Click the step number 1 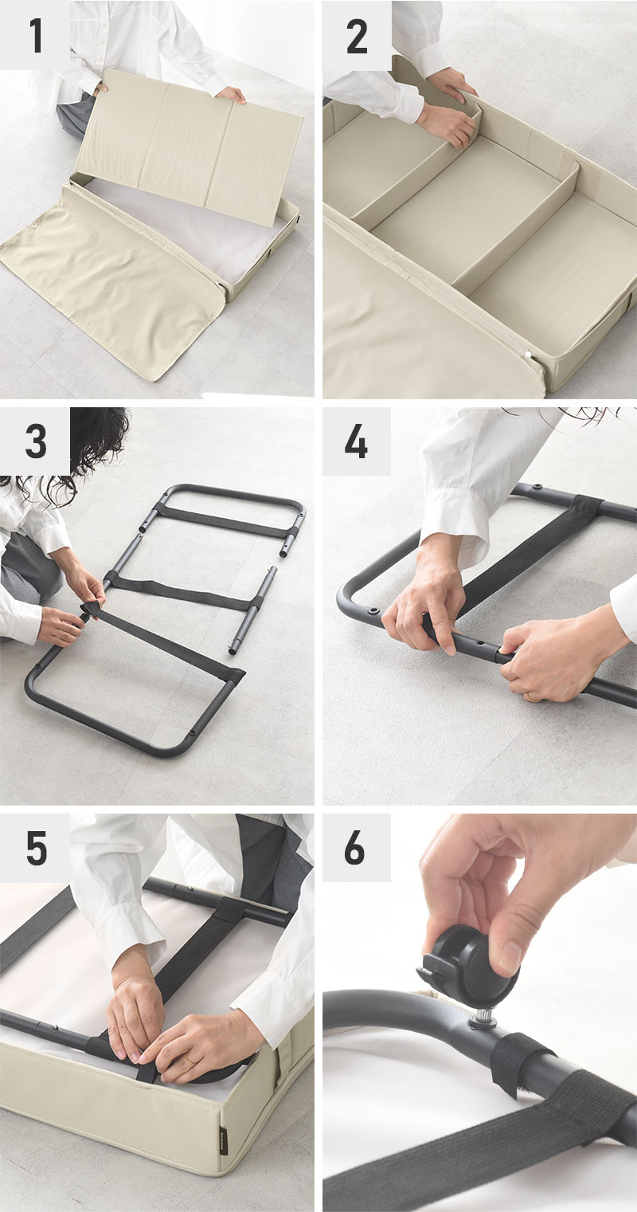(37, 36)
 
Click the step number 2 (357, 36)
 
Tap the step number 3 (36, 441)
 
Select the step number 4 (357, 441)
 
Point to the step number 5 (37, 848)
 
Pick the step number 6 (355, 847)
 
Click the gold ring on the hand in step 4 (533, 697)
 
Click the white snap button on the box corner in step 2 (528, 355)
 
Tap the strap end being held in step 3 (92, 609)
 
